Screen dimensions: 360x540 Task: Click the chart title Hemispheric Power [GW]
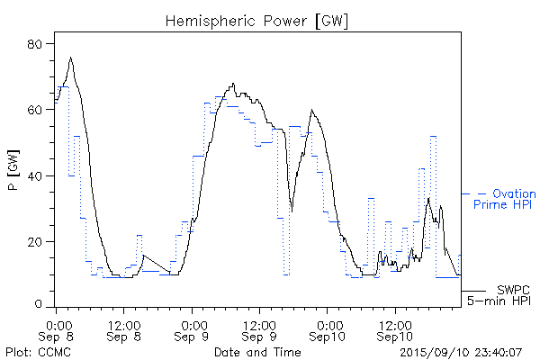pos(257,19)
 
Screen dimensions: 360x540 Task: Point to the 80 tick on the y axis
pos(35,43)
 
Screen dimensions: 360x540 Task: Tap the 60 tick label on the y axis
pos(35,110)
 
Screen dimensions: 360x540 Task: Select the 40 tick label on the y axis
pos(35,175)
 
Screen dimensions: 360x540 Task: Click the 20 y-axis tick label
pos(35,241)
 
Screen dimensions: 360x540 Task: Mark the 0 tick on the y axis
pos(40,307)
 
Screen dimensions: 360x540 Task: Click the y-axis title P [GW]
pos(13,175)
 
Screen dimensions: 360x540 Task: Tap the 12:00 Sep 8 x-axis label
pos(124,328)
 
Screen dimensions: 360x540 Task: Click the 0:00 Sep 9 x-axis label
pos(193,328)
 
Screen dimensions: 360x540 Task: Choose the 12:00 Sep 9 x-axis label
pos(259,328)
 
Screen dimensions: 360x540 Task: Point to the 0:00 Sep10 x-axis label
pos(327,328)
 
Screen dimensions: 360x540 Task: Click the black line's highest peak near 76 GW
pos(70,58)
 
